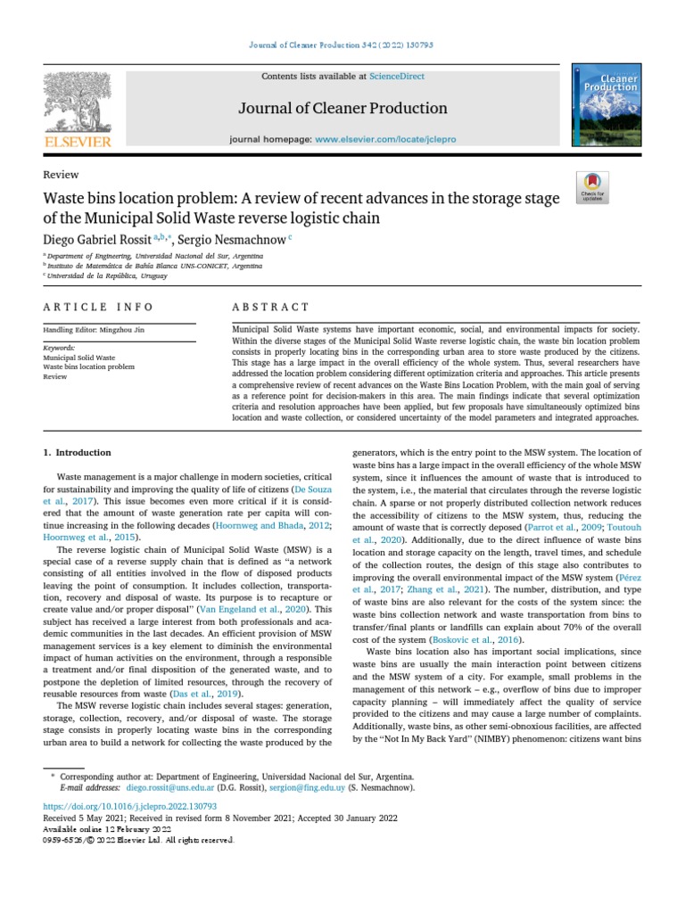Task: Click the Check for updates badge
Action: [592, 186]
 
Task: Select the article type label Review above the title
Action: [61, 175]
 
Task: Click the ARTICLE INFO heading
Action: [98, 307]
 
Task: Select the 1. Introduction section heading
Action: [78, 452]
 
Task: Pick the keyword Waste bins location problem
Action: [89, 366]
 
